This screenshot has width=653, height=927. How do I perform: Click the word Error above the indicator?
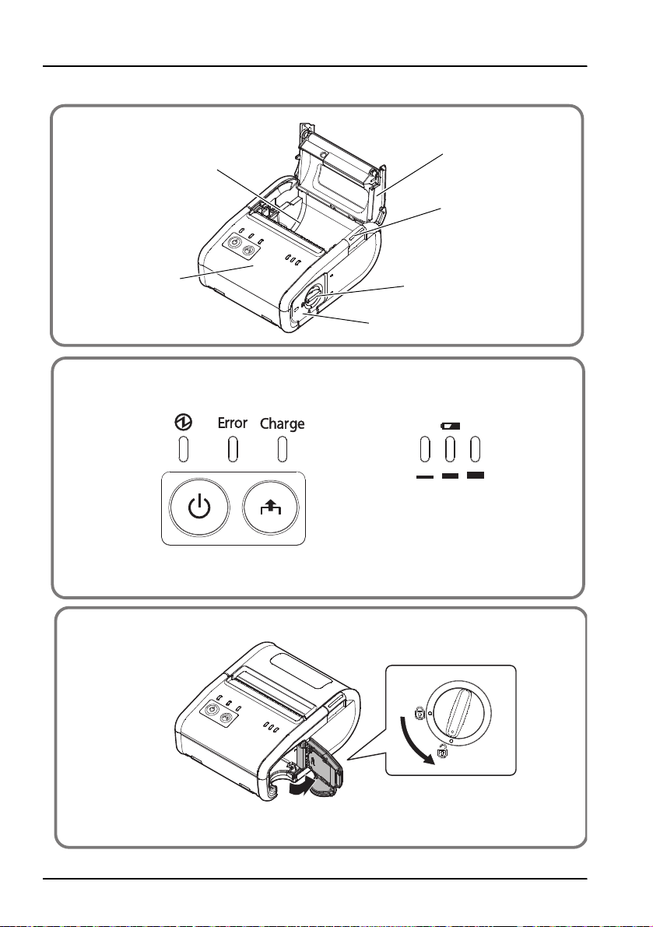[232, 423]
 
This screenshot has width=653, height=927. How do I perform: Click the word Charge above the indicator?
[282, 424]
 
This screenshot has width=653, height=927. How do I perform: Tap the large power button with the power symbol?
[199, 507]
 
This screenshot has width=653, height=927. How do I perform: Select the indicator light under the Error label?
[232, 450]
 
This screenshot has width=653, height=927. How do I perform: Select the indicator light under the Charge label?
[282, 450]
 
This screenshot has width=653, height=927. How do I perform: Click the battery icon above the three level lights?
[450, 427]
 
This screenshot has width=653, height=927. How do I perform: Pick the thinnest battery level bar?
[424, 476]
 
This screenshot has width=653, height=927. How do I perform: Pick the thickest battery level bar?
[475, 474]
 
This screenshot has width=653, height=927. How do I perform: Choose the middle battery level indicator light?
[450, 450]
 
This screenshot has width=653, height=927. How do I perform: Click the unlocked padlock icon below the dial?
[444, 754]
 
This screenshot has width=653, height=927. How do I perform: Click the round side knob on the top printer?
[313, 297]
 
